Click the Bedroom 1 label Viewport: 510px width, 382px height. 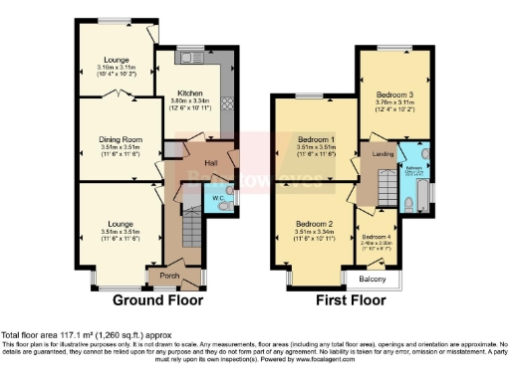[307, 140]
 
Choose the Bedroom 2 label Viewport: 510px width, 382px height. [307, 225]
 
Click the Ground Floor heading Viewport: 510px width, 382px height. [157, 299]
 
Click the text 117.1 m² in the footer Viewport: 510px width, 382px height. [76, 335]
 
